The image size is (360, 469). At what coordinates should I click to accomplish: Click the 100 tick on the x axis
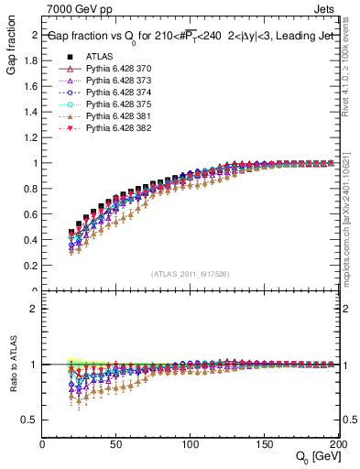click(x=191, y=444)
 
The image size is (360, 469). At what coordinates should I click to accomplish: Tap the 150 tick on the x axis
click(x=264, y=444)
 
